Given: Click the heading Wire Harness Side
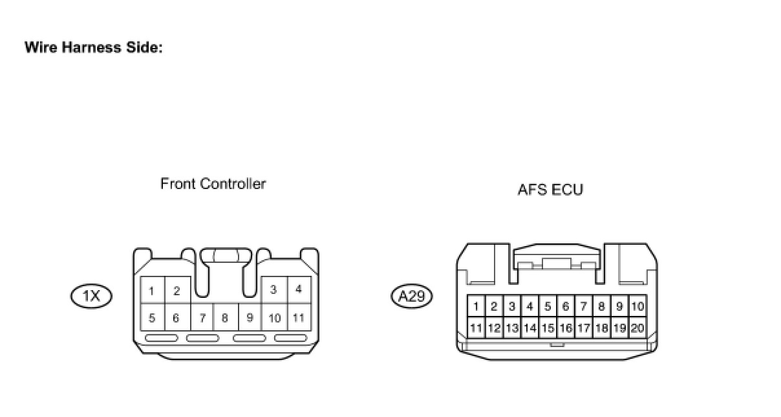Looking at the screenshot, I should point(93,48).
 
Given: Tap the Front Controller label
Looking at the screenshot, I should point(213,184).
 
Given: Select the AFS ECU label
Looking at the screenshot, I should point(550,190).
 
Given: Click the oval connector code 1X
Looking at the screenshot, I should point(91,297).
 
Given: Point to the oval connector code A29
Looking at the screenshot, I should point(412,297).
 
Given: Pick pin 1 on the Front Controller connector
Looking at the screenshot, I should point(152,291).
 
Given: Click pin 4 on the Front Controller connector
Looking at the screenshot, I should point(298,289).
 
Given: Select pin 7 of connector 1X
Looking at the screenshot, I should point(202,318).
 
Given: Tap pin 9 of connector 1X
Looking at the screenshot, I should point(250,318).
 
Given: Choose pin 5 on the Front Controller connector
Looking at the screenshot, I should point(152,318).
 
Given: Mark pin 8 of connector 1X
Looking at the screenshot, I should point(225,318).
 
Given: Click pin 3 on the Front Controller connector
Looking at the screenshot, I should point(273,289).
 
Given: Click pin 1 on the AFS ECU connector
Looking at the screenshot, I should point(476,306).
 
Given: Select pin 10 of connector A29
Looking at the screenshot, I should point(637,306).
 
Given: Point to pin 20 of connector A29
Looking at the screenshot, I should point(637,328).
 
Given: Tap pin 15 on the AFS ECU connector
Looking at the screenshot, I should point(548,328).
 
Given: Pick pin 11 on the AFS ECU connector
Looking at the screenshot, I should point(476,328).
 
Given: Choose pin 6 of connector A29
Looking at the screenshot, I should point(566,306).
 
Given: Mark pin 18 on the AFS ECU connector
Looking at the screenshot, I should point(601,328).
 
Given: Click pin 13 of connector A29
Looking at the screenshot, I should point(512,328).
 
